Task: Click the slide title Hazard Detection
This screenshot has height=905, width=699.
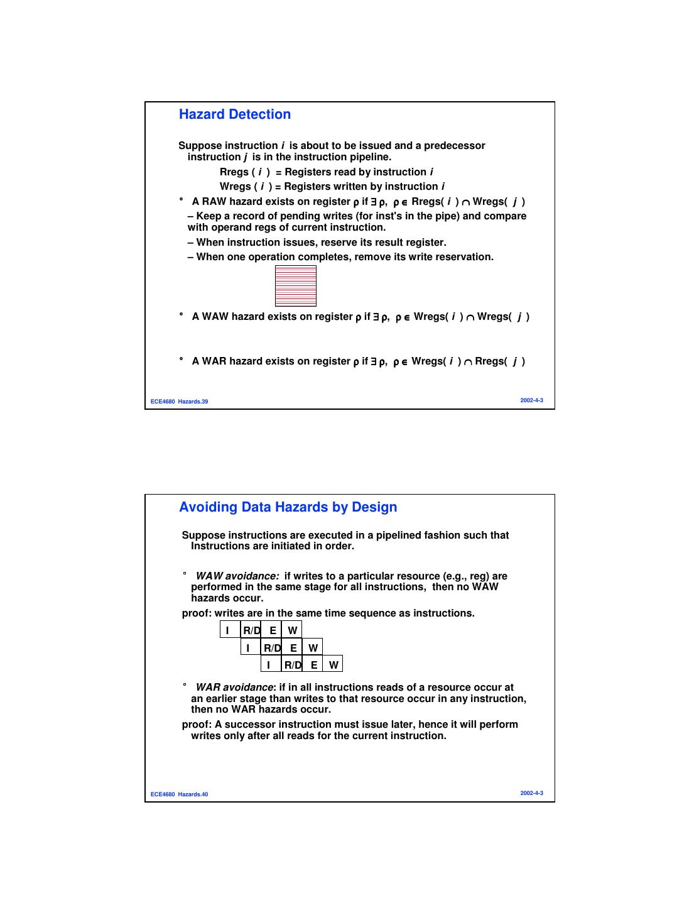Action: (x=235, y=114)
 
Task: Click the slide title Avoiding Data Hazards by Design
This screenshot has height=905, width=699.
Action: (x=288, y=507)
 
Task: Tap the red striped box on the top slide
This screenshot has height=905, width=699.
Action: (x=296, y=286)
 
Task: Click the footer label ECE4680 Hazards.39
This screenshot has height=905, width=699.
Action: (x=180, y=402)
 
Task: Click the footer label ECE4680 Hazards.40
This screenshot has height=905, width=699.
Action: (x=180, y=794)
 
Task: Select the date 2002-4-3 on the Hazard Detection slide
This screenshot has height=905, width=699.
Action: (x=531, y=400)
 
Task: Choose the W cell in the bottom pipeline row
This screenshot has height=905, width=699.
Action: (x=333, y=665)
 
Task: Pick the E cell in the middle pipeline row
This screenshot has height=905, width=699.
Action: (x=293, y=648)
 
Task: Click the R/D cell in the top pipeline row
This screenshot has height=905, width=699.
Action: (x=252, y=630)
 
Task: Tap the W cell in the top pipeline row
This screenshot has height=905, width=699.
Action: (x=293, y=630)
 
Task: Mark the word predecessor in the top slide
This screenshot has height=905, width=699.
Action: (x=454, y=146)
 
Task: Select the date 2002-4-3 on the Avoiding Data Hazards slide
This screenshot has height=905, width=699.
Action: (x=531, y=793)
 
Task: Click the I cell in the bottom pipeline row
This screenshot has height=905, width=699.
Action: (x=269, y=665)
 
